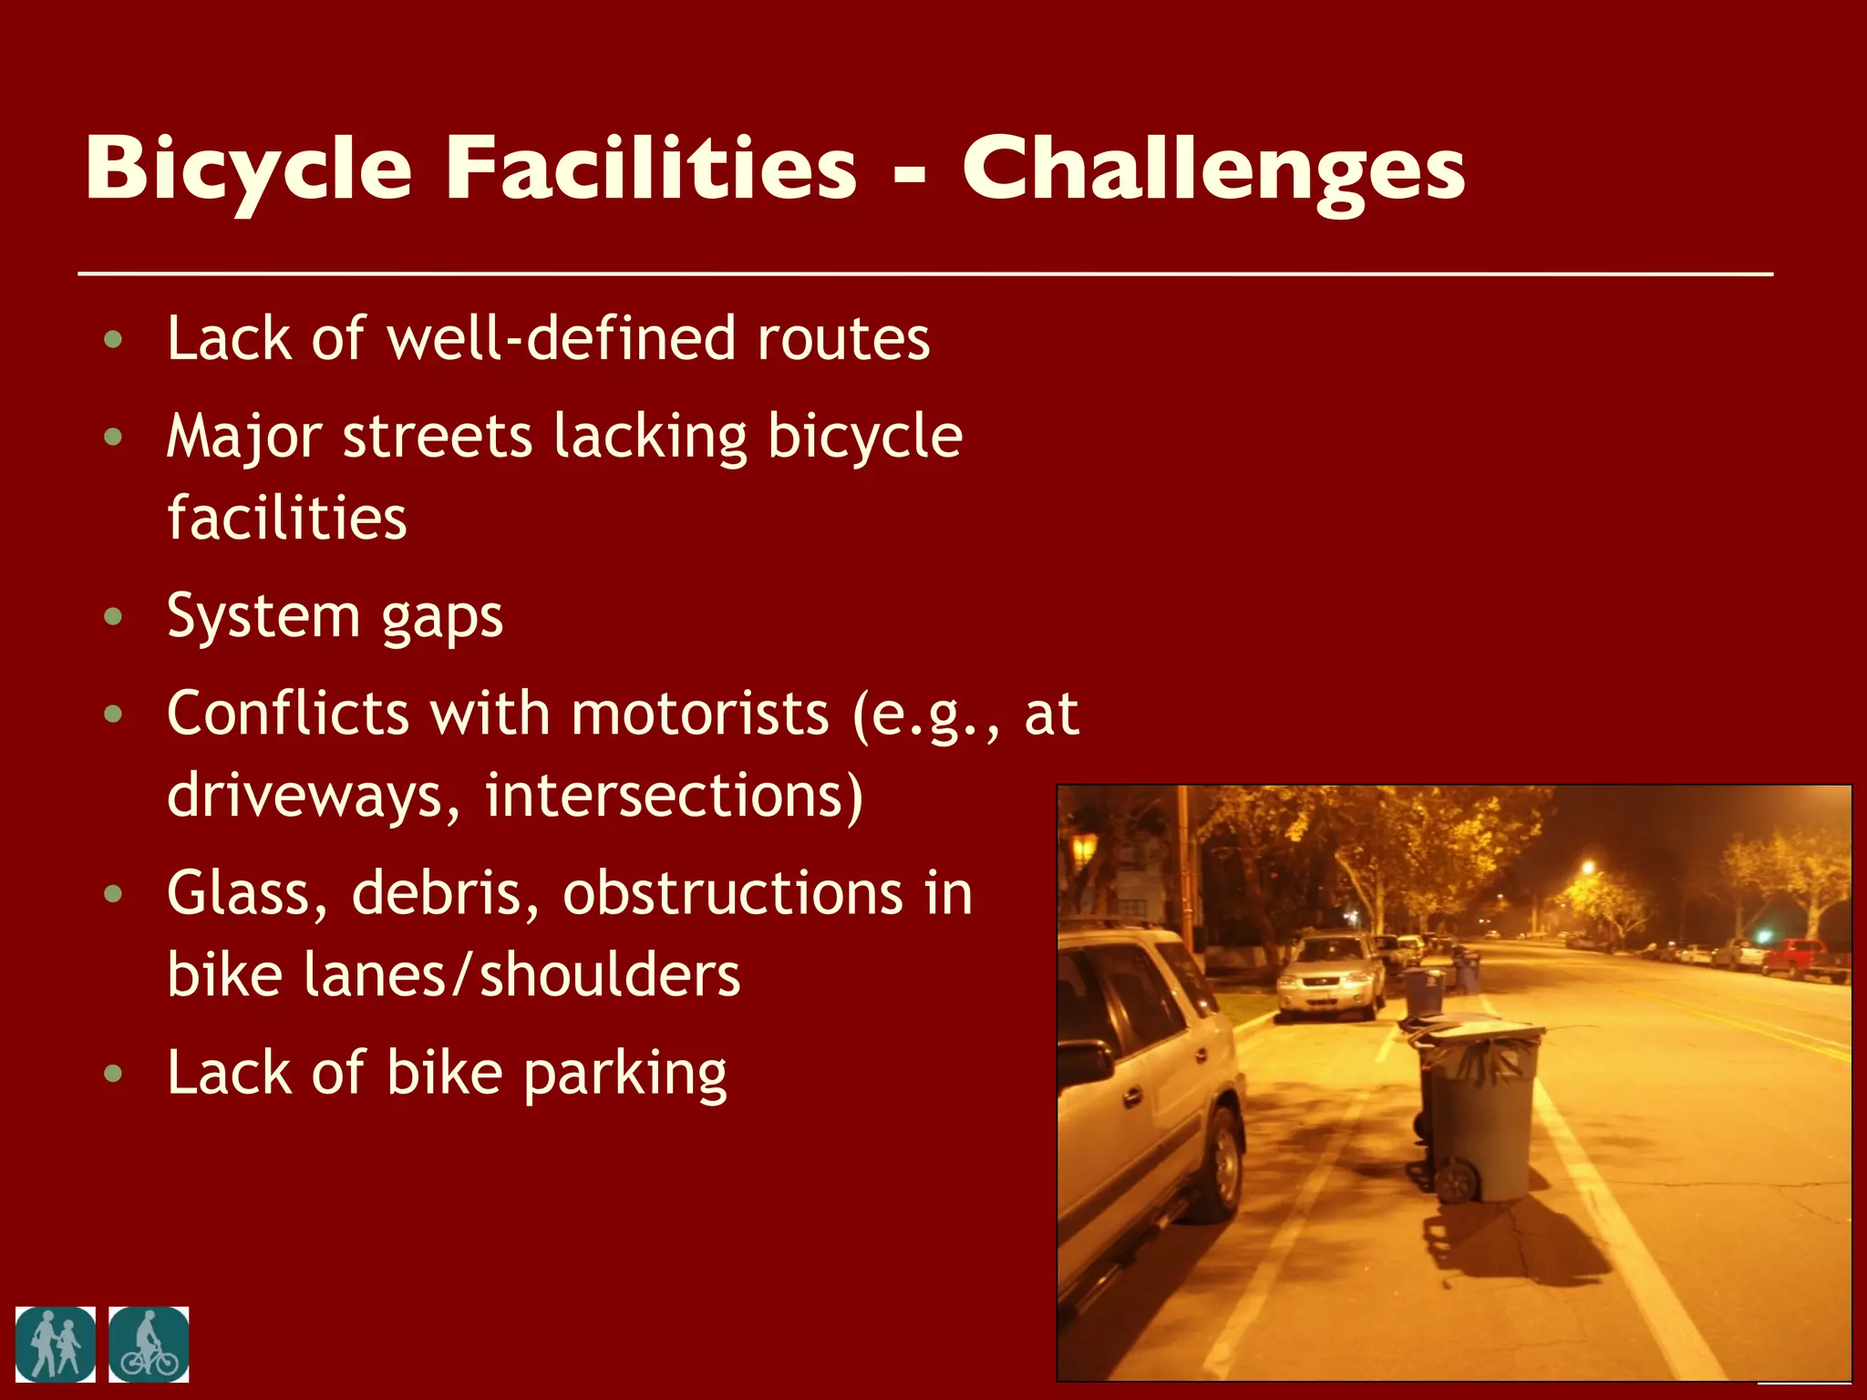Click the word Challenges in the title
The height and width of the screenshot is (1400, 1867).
pyautogui.click(x=1213, y=170)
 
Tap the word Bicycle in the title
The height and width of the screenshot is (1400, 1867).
pyautogui.click(x=248, y=170)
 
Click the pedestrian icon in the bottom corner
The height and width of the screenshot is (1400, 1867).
pyautogui.click(x=56, y=1344)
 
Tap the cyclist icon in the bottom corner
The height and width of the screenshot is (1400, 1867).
pyautogui.click(x=149, y=1344)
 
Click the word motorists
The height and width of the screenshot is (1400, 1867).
pyautogui.click(x=699, y=713)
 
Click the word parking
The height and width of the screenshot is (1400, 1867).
pyautogui.click(x=624, y=1075)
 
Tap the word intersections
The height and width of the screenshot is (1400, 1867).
pyautogui.click(x=673, y=795)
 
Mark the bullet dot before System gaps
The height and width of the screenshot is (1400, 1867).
pyautogui.click(x=113, y=617)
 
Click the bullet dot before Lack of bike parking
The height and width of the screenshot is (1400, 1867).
pyautogui.click(x=113, y=1073)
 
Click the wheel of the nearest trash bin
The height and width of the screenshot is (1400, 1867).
pyautogui.click(x=1457, y=1181)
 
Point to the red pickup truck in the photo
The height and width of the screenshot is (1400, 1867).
pyautogui.click(x=1800, y=959)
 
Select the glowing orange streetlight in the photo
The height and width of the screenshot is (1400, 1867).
pyautogui.click(x=1589, y=868)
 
